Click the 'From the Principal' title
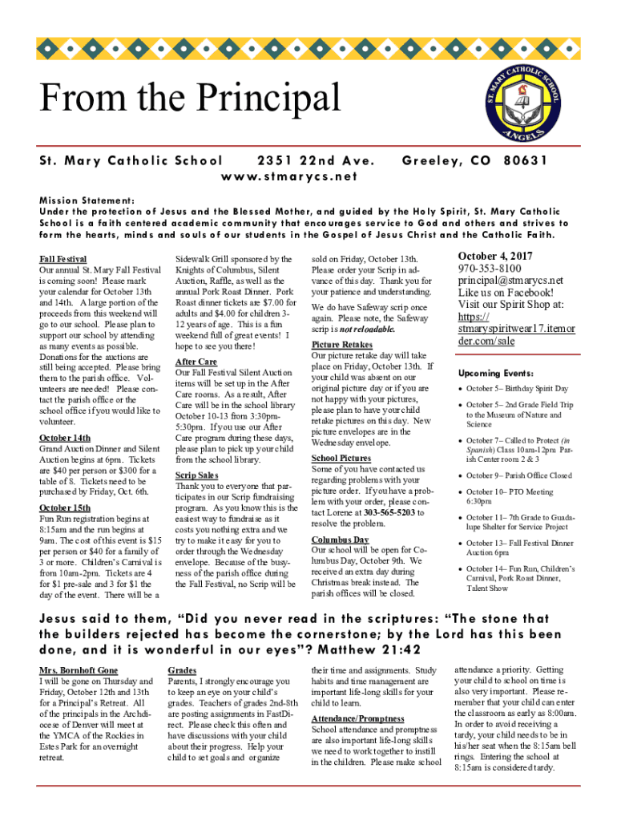pyautogui.click(x=191, y=99)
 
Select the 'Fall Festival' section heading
pyautogui.click(x=63, y=260)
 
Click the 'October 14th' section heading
pyautogui.click(x=65, y=438)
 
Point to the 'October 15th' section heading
pyautogui.click(x=65, y=508)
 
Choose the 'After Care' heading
pyautogui.click(x=196, y=362)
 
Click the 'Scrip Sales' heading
pyautogui.click(x=197, y=475)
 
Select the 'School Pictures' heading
pyautogui.click(x=341, y=458)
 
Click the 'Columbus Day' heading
pyautogui.click(x=340, y=540)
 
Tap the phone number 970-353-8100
pyautogui.click(x=489, y=269)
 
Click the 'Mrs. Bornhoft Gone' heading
pyautogui.click(x=79, y=669)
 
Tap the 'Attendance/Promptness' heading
pyautogui.click(x=357, y=718)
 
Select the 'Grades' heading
pyautogui.click(x=182, y=669)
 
